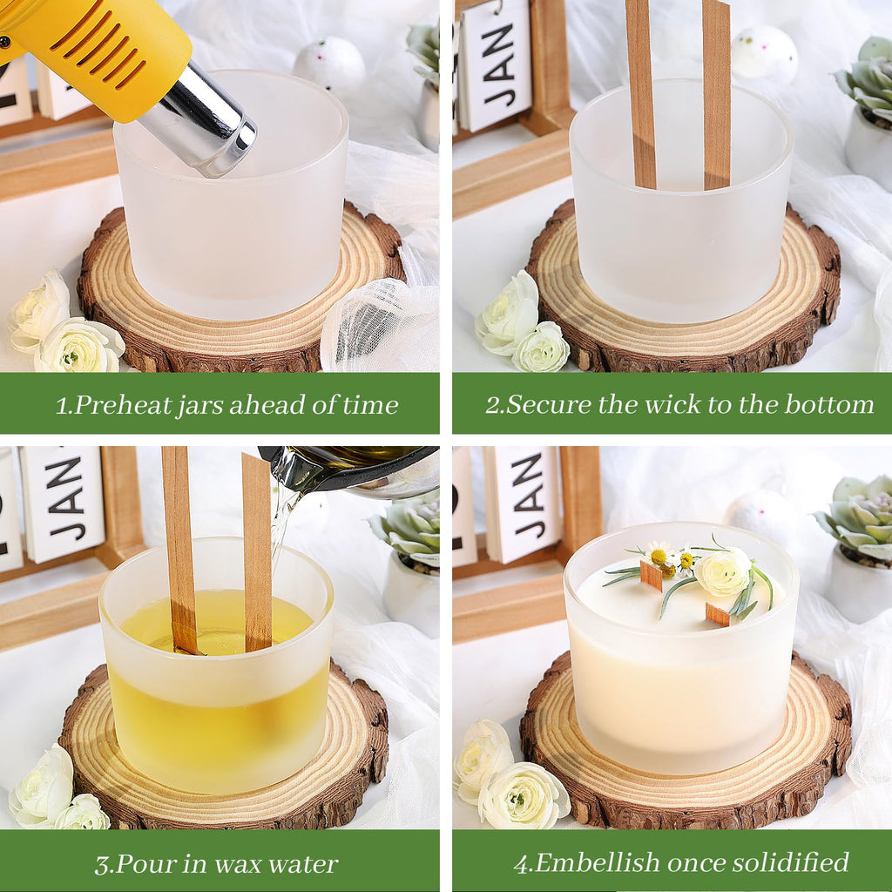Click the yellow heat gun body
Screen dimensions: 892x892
97,51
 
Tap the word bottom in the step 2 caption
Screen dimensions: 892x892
829,404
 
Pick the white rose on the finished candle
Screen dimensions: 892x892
722,571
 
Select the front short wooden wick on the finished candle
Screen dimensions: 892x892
718,615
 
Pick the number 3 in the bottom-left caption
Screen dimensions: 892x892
103,865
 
